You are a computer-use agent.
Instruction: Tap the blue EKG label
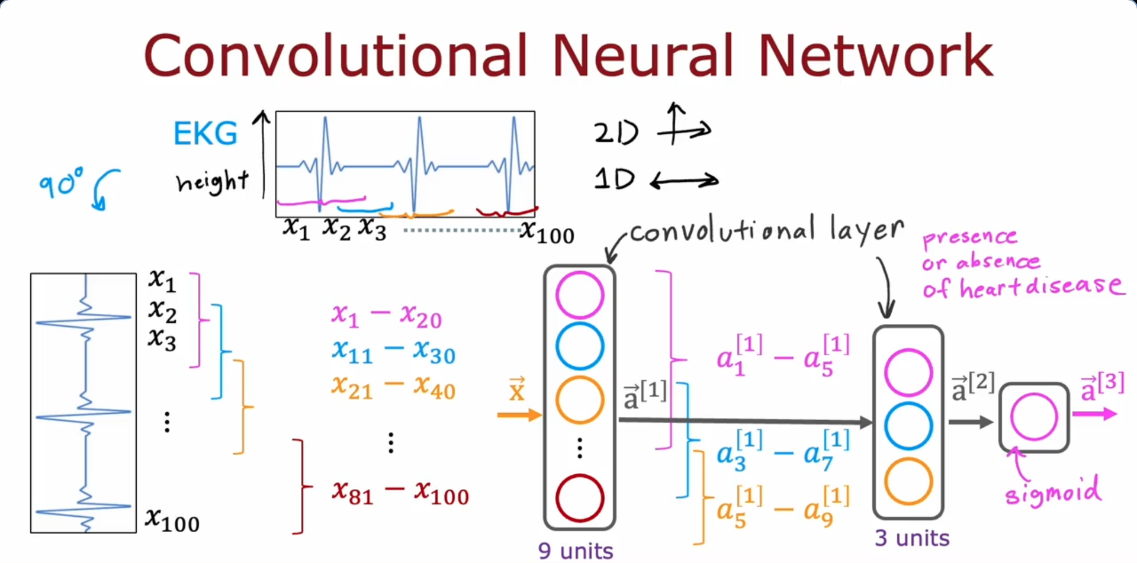[205, 133]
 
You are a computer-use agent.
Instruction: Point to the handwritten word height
[212, 181]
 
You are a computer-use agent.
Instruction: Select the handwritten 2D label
[616, 133]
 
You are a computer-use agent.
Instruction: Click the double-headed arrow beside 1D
[684, 180]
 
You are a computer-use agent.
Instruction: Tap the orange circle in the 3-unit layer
[908, 481]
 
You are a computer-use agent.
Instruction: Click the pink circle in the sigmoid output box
[1033, 417]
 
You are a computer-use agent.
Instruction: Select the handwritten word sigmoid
[1053, 491]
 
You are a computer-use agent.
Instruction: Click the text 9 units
[575, 551]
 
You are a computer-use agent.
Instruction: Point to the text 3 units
[912, 538]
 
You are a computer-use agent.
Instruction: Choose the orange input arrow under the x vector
[519, 415]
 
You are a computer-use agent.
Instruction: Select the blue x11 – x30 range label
[393, 352]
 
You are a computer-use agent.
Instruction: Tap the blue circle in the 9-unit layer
[579, 346]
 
